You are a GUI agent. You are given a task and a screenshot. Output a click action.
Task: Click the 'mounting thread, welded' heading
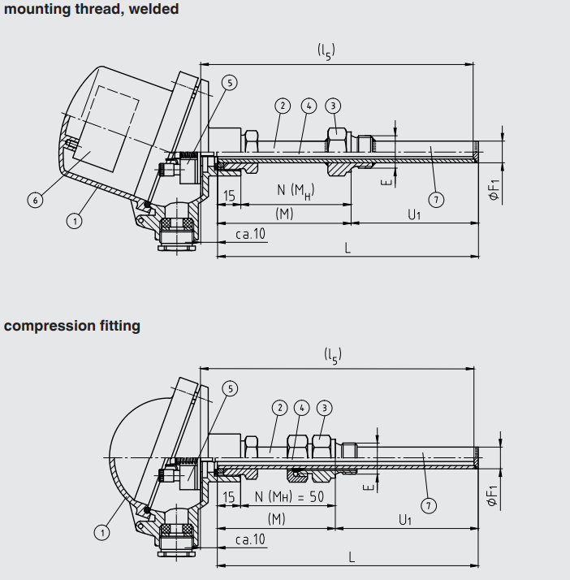click(91, 9)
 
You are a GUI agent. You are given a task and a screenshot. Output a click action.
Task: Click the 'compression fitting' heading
click(72, 326)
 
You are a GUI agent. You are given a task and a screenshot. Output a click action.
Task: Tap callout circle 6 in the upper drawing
click(36, 200)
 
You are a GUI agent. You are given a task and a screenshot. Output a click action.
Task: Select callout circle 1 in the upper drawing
click(75, 221)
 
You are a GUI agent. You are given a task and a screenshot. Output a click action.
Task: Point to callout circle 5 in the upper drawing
click(230, 83)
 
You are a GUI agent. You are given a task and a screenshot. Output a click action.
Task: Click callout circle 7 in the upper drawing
click(436, 200)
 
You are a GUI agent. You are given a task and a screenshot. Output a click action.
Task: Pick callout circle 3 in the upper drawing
click(333, 106)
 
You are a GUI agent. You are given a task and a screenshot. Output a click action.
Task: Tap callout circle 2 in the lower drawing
click(280, 408)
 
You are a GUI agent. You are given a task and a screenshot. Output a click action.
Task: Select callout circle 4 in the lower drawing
click(301, 408)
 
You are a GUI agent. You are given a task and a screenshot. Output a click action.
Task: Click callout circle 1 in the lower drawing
click(102, 533)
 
